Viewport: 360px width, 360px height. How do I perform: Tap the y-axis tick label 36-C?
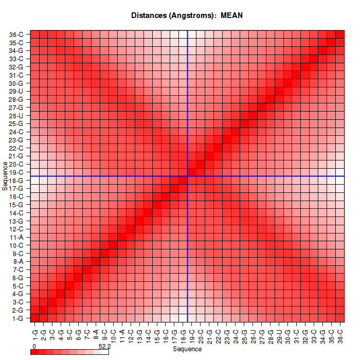tap(16, 34)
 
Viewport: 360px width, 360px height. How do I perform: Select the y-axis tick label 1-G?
tap(17, 318)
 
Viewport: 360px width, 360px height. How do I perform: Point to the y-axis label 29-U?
tap(16, 91)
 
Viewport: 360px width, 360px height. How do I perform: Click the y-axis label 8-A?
tap(17, 261)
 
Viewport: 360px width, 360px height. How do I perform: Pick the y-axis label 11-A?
tap(16, 237)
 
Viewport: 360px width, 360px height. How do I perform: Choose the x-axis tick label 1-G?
tap(35, 333)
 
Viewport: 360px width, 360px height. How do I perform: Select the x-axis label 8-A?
tap(96, 333)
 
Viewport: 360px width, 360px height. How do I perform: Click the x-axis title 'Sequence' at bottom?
tap(187, 349)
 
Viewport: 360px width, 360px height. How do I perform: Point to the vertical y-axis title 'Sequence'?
tap(5, 176)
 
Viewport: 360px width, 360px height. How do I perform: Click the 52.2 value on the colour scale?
tap(104, 347)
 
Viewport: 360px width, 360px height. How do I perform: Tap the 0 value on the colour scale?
tap(33, 347)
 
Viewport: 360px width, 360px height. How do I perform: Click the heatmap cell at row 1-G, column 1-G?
tap(35, 318)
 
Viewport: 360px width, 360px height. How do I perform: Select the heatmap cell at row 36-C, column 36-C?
tap(340, 34)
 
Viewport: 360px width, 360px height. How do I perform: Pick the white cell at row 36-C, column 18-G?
tap(183, 34)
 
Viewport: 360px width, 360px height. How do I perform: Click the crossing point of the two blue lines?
tap(188, 176)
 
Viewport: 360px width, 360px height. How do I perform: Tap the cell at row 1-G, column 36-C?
tap(340, 318)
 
